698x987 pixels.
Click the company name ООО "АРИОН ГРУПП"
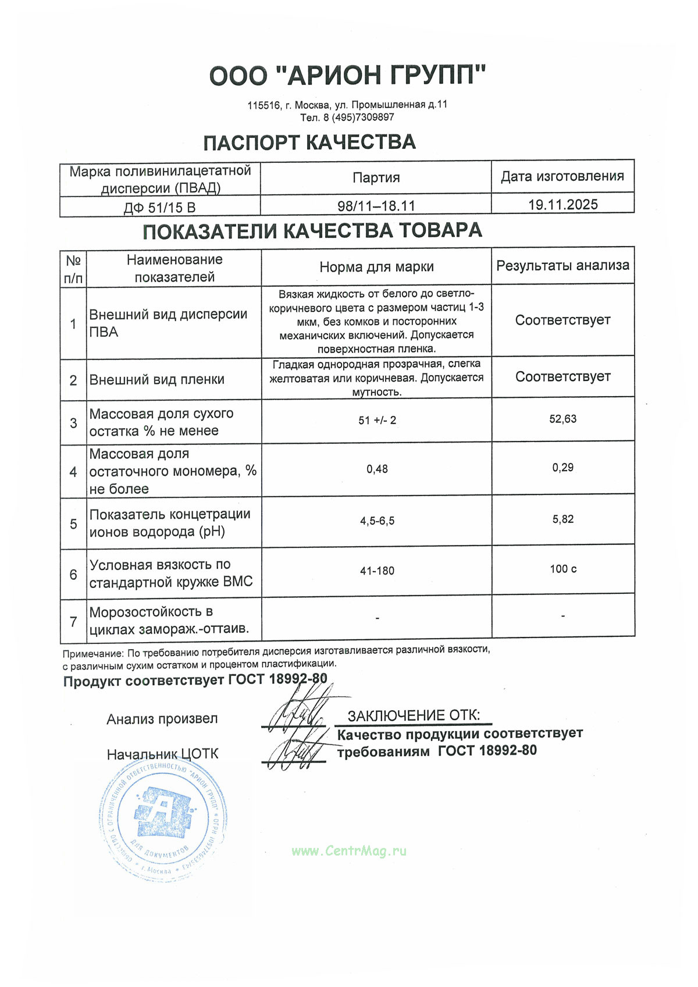click(x=348, y=76)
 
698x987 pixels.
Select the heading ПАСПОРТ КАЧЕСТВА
click(x=309, y=142)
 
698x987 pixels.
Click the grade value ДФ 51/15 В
click(x=159, y=208)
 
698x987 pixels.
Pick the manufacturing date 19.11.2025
click(x=562, y=205)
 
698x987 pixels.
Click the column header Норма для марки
click(x=376, y=267)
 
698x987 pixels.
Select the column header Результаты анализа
click(x=562, y=266)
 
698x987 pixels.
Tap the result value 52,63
click(x=562, y=419)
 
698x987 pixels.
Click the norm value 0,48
click(x=377, y=469)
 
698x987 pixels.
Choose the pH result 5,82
click(x=562, y=519)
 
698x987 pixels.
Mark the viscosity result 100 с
click(x=562, y=569)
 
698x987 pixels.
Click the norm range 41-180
click(x=377, y=571)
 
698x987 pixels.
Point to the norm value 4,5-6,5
click(x=377, y=521)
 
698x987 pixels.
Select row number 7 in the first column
click(x=73, y=622)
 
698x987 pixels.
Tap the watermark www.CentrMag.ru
click(x=349, y=851)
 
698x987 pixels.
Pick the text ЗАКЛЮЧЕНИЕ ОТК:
click(x=414, y=715)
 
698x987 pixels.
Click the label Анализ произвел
click(x=162, y=719)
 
